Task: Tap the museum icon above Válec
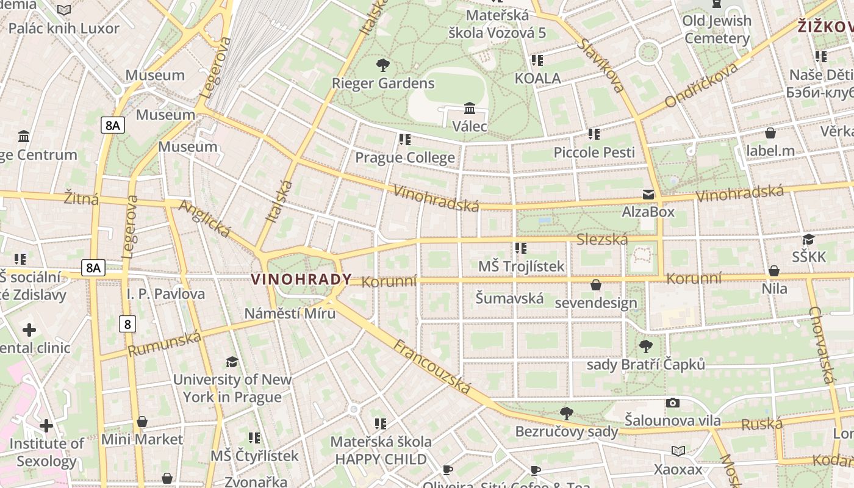coord(470,109)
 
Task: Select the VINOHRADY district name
coord(301,279)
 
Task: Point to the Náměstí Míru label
coord(290,314)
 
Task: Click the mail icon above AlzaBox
coord(648,195)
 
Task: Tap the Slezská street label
coord(602,239)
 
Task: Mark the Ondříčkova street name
coord(701,85)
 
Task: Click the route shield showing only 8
coord(127,324)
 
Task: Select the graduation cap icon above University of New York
coord(232,362)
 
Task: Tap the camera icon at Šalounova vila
coord(673,403)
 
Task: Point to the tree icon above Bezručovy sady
coord(567,413)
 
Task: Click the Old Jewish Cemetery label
coord(717,29)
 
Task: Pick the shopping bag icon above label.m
coord(770,133)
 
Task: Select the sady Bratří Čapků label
coord(645,365)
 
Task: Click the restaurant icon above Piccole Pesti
coord(594,134)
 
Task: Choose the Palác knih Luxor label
coord(63,28)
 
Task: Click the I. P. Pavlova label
coord(166,294)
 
